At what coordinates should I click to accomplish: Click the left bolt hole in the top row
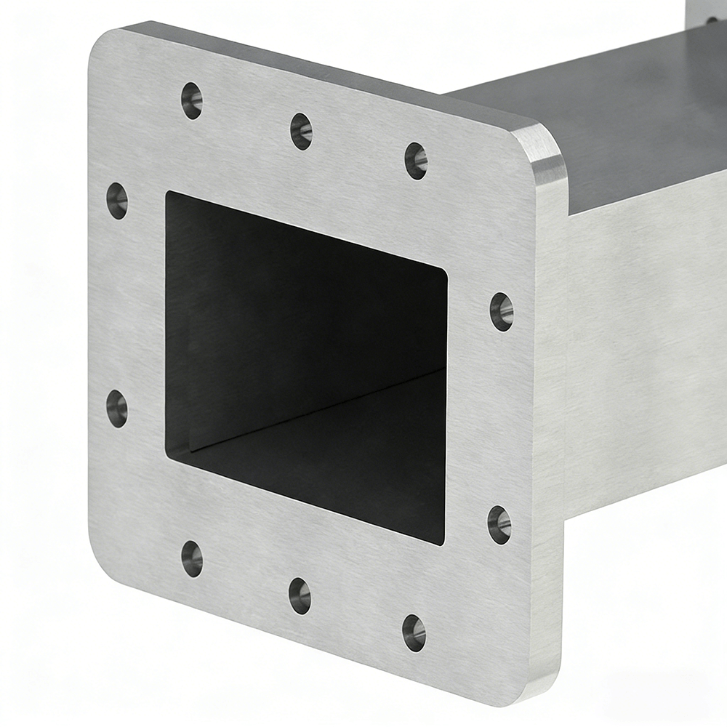click(x=192, y=100)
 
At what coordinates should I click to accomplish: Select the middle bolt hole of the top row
click(x=301, y=131)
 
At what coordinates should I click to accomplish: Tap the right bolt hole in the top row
click(x=416, y=161)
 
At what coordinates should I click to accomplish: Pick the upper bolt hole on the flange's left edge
click(x=117, y=201)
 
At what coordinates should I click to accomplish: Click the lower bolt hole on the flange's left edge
click(x=117, y=408)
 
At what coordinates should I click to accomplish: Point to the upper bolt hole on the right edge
click(x=502, y=311)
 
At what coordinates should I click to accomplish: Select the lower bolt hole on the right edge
click(x=499, y=524)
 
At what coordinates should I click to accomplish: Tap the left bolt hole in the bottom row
click(x=192, y=558)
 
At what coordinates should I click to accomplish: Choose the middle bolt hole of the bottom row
click(x=300, y=595)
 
